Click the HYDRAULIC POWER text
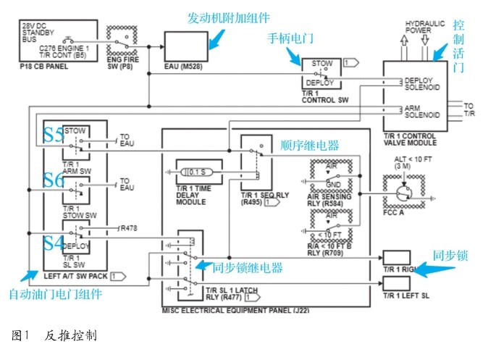point(425,27)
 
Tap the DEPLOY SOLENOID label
point(422,84)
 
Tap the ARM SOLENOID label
point(422,112)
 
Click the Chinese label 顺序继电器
point(308,145)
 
